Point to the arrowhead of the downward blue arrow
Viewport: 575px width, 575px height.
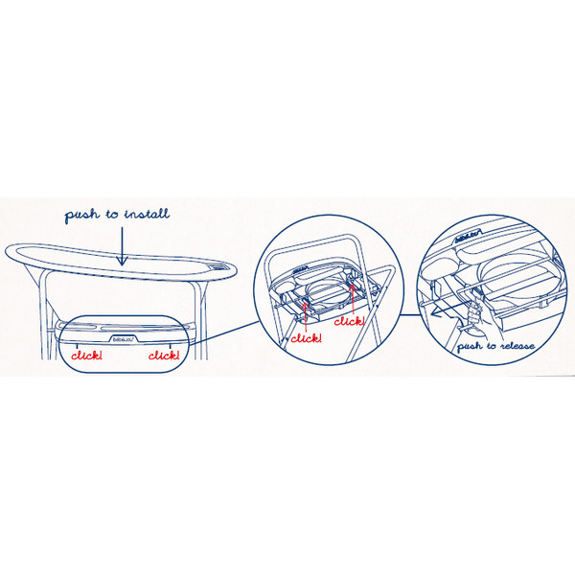122,260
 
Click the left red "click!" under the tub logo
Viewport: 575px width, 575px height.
86,355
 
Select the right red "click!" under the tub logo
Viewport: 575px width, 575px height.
164,355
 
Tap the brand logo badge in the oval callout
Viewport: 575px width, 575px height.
124,338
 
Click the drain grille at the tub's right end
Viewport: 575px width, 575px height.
219,265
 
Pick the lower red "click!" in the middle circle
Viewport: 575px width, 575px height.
307,338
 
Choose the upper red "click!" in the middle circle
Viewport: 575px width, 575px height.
349,321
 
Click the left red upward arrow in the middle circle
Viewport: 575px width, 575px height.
305,316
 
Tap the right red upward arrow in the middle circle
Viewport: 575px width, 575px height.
353,300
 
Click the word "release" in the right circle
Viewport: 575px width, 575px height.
517,346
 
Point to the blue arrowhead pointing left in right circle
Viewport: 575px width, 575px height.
434,313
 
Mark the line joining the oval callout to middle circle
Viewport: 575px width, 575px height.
224,333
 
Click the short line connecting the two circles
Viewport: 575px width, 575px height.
411,314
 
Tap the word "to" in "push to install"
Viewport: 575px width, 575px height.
112,214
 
